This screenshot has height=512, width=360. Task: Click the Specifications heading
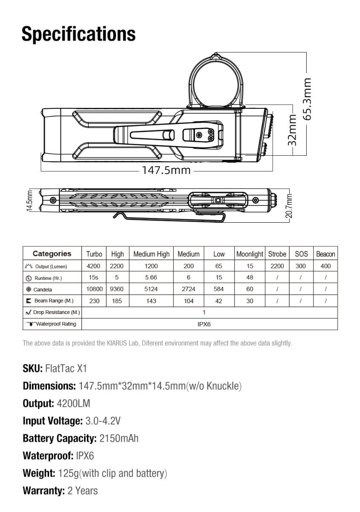(78, 33)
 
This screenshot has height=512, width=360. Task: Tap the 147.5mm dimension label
(166, 170)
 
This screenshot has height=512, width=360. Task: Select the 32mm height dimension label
(292, 130)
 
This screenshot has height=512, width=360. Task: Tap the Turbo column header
(94, 254)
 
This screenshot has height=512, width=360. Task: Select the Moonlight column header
(250, 254)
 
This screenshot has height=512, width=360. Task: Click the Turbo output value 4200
(93, 266)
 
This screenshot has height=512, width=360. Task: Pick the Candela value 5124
(151, 289)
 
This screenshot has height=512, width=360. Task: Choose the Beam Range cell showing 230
(94, 301)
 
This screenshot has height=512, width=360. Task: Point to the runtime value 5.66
(151, 277)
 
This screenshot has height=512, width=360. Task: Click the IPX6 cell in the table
(204, 324)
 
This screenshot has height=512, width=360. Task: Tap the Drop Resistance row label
(52, 312)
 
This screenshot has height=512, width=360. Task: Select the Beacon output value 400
(325, 266)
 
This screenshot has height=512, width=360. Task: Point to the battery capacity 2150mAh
(119, 438)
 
